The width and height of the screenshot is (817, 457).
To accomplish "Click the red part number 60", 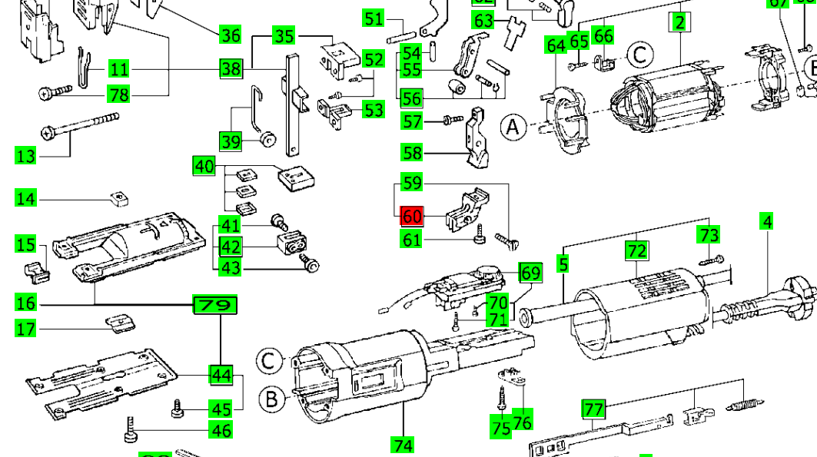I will point(413,217).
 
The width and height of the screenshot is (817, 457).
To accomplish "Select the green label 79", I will point(214,306).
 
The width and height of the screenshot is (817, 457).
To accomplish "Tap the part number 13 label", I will point(26,156).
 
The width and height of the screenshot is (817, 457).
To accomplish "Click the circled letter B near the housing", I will point(271,399).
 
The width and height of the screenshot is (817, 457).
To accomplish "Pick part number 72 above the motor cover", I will point(637,250).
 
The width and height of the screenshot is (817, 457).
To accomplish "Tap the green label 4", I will point(766,223).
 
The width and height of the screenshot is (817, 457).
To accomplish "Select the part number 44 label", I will point(221,375).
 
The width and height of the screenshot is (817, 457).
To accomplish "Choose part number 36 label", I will point(231,35).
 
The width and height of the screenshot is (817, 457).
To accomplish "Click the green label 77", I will point(593,408).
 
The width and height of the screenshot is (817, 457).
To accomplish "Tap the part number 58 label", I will point(413,153).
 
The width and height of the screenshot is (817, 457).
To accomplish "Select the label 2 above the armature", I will point(679,22).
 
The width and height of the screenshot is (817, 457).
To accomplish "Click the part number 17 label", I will point(26,330).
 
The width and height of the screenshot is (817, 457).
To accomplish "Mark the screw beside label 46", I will point(130,430).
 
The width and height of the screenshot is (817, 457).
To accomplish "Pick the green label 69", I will point(530,273).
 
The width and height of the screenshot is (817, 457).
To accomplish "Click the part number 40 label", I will point(204,166).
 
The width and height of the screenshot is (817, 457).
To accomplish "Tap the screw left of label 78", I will point(54,94).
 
